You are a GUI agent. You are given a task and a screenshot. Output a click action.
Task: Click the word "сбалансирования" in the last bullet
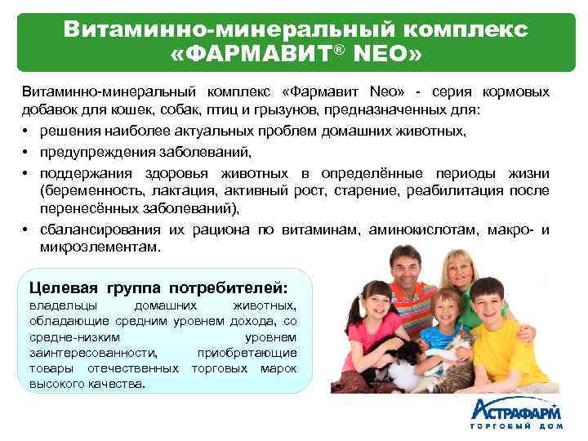101,230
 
